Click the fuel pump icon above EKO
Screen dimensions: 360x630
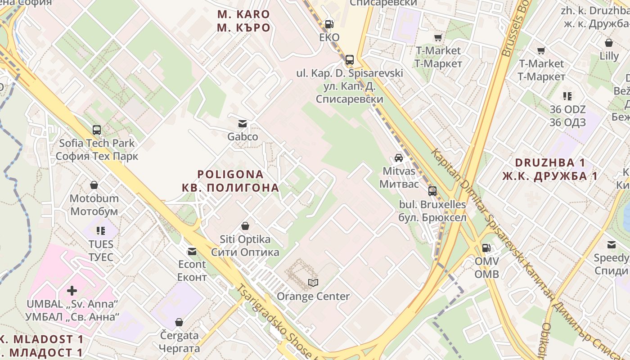329,24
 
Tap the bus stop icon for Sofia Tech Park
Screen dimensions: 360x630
97,130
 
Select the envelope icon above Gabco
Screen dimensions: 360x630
243,124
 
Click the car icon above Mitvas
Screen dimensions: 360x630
399,157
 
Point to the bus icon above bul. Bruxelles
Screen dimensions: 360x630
432,191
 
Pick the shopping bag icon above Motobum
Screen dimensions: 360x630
94,185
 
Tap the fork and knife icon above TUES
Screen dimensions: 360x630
101,231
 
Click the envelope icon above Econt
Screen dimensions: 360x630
192,251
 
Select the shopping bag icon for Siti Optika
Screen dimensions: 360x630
245,225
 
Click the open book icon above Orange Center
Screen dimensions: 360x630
313,283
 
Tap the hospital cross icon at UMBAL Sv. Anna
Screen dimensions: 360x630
72,290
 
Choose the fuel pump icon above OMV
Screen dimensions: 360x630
486,247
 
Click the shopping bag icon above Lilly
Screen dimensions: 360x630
609,43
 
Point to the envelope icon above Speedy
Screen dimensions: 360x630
612,245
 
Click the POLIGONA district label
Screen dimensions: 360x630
230,174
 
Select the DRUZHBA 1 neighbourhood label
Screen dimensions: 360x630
550,162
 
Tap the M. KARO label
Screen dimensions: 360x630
243,14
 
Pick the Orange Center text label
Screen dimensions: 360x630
313,297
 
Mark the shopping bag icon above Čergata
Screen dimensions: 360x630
179,322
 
